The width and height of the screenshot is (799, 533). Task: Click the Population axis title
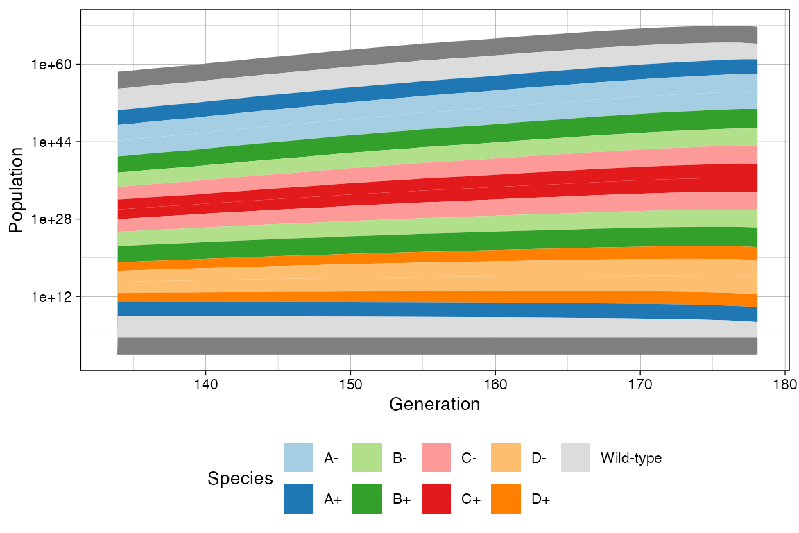click(x=17, y=190)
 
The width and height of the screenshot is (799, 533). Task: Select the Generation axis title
click(x=435, y=405)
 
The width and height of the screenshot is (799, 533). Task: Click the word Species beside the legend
click(x=240, y=479)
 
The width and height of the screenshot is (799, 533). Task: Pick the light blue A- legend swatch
click(x=298, y=458)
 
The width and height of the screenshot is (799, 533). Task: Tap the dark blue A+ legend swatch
click(x=298, y=499)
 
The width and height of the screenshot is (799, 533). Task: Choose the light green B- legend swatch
click(x=368, y=458)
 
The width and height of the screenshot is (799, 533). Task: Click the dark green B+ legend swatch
click(x=368, y=499)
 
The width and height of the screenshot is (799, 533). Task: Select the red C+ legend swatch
click(x=436, y=499)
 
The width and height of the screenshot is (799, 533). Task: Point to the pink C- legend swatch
click(x=436, y=458)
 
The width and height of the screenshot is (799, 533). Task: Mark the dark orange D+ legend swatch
click(x=506, y=499)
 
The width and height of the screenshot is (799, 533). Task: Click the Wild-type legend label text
click(x=631, y=459)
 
